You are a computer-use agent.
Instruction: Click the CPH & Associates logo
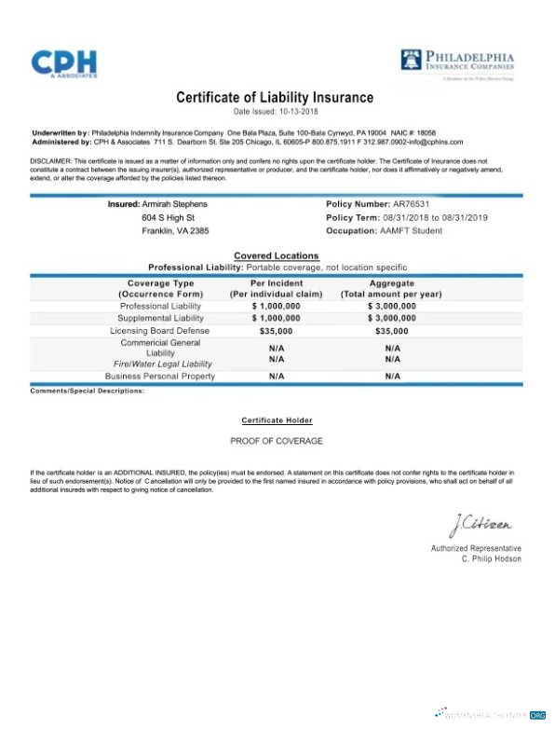[x=63, y=62]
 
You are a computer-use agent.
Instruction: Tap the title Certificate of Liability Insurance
[x=275, y=97]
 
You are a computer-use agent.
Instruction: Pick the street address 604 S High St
[x=168, y=217]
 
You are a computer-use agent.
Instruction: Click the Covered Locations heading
[x=276, y=255]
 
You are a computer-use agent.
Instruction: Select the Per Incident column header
[x=276, y=282]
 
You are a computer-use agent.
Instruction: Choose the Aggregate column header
[x=391, y=282]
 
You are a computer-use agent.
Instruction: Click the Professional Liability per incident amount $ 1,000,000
[x=276, y=306]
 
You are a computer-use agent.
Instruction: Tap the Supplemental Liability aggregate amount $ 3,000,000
[x=391, y=318]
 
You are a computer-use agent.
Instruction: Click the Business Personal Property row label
[x=159, y=376]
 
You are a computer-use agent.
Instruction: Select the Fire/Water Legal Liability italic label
[x=163, y=364]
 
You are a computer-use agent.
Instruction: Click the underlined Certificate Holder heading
[x=277, y=420]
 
